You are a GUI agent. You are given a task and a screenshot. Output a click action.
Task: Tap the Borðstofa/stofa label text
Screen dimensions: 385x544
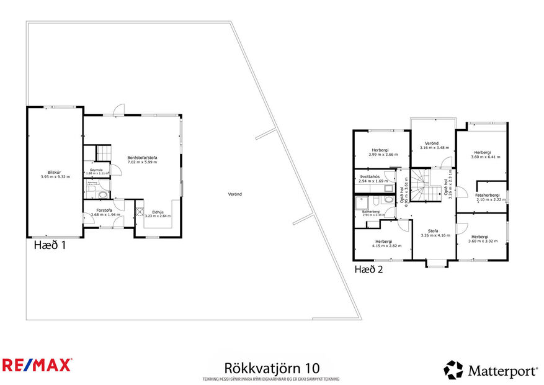point(143,158)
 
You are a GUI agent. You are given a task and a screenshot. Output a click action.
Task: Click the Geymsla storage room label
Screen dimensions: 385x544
point(96,170)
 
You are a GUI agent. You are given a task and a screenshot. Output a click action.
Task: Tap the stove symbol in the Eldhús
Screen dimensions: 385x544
point(138,211)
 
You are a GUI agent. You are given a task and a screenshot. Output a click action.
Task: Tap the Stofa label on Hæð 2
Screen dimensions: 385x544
point(433,231)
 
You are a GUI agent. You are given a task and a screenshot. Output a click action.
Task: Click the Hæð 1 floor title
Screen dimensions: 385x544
point(50,245)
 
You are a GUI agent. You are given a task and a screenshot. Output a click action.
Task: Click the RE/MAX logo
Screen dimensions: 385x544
point(37,365)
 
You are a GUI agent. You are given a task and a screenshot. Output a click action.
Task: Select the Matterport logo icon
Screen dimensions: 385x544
point(453,370)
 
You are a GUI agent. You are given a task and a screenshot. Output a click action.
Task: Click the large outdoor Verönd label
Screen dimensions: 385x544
point(234,194)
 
